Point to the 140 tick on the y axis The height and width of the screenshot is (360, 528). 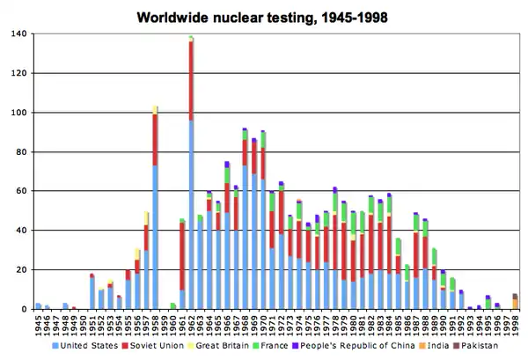click(x=19, y=34)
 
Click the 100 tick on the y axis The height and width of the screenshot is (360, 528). click(x=19, y=113)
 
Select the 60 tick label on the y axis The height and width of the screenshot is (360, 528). click(x=22, y=191)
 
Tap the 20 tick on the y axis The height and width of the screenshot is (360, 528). click(x=22, y=269)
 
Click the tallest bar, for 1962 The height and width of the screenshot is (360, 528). click(x=191, y=176)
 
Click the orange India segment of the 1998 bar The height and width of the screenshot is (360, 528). click(x=515, y=304)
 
